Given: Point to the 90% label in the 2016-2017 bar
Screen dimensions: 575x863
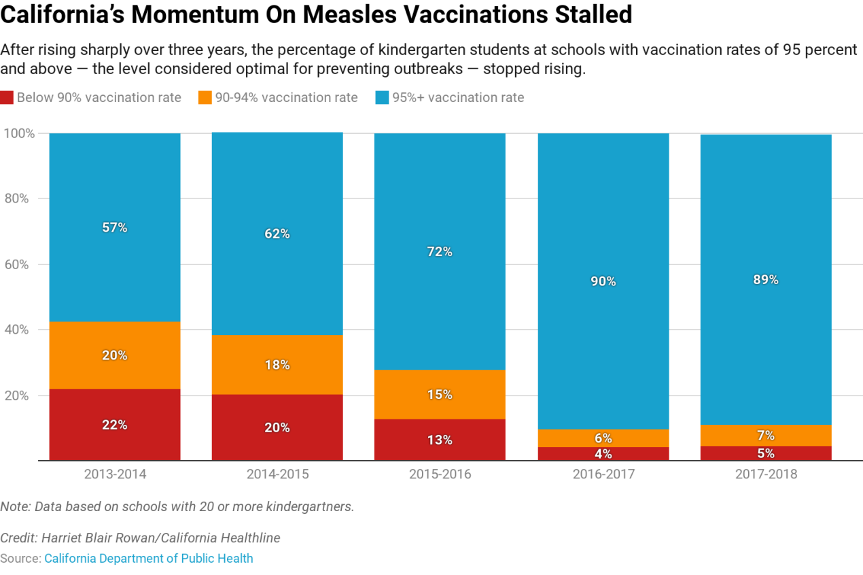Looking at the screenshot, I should [x=603, y=281].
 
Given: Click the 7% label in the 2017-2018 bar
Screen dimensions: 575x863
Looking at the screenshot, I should [x=766, y=436].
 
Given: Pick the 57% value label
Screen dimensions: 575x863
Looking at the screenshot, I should [x=115, y=228].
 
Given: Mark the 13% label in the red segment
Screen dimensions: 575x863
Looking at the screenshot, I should [x=440, y=440].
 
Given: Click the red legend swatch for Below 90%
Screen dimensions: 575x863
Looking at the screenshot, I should [x=7, y=98].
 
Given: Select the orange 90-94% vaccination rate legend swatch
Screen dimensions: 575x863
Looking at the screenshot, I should [x=205, y=98].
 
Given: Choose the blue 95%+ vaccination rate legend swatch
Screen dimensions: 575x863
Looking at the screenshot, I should [x=381, y=98].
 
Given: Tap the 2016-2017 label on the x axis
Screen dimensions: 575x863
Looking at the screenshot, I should [x=603, y=474].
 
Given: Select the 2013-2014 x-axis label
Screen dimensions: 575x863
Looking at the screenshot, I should [x=115, y=474].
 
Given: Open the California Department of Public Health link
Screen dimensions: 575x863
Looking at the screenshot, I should [x=149, y=559].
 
